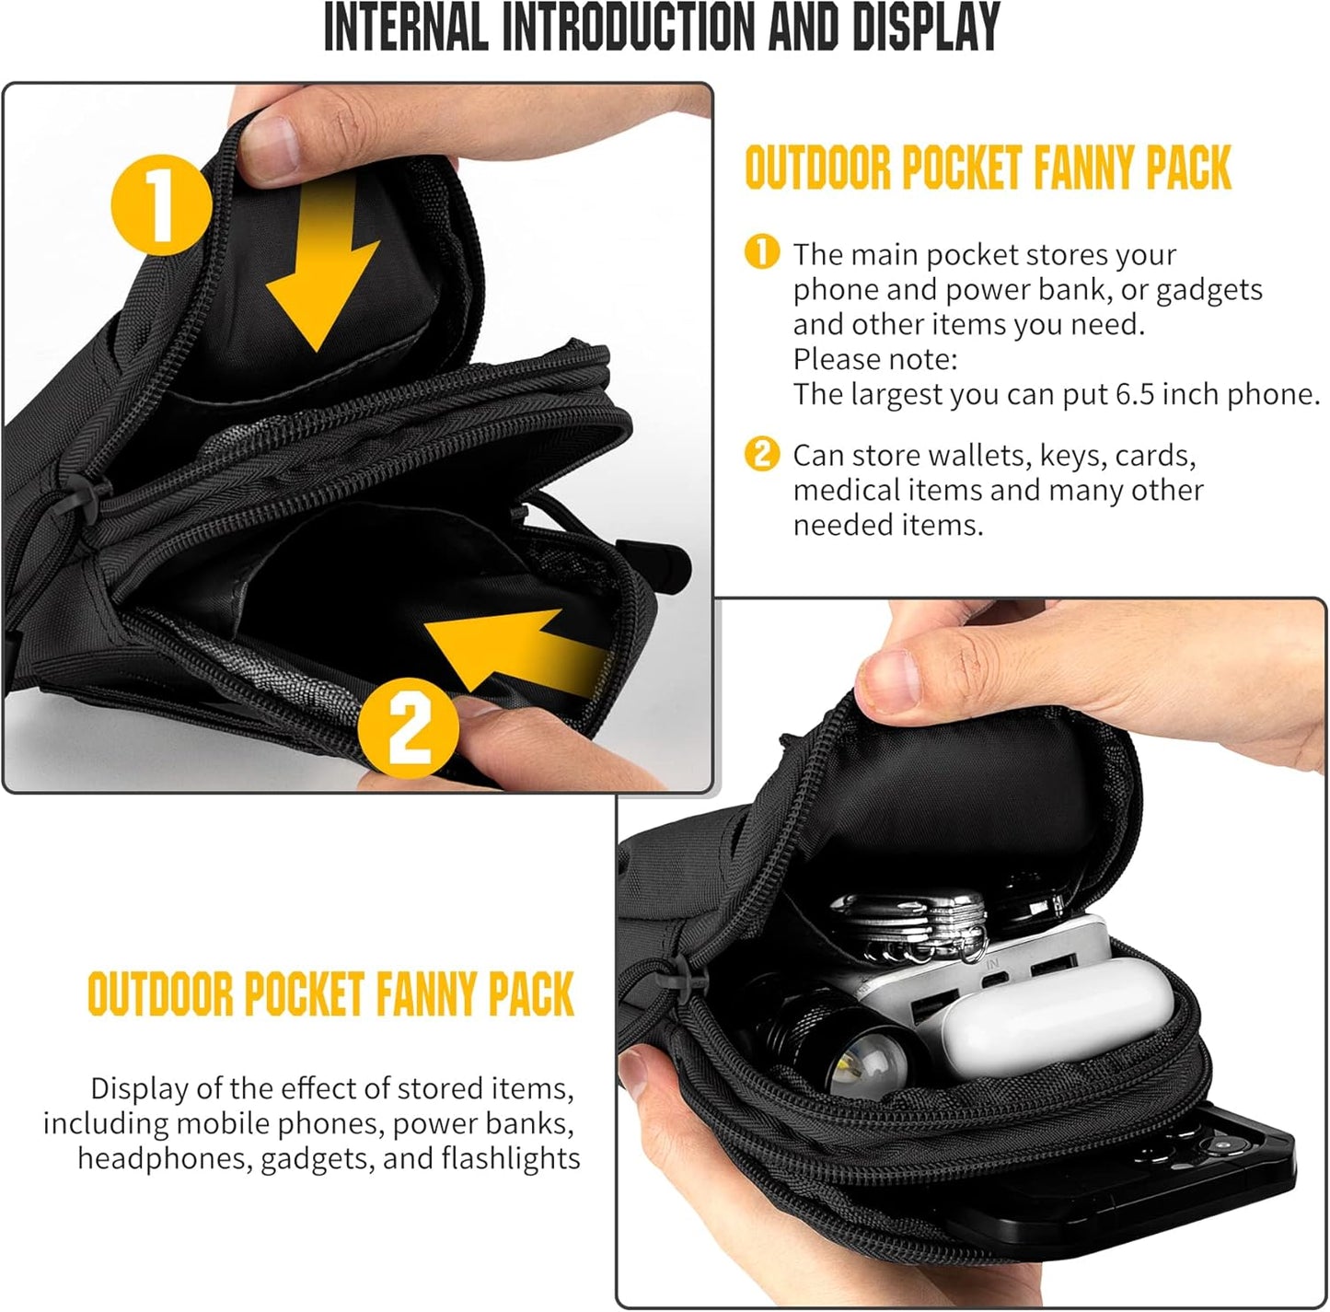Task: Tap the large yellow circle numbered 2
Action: pyautogui.click(x=408, y=729)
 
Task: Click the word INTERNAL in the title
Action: pyautogui.click(x=405, y=28)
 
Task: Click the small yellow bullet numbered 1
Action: pyautogui.click(x=761, y=252)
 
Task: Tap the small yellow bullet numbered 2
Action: pyautogui.click(x=761, y=454)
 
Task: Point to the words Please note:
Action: pyautogui.click(x=875, y=359)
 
